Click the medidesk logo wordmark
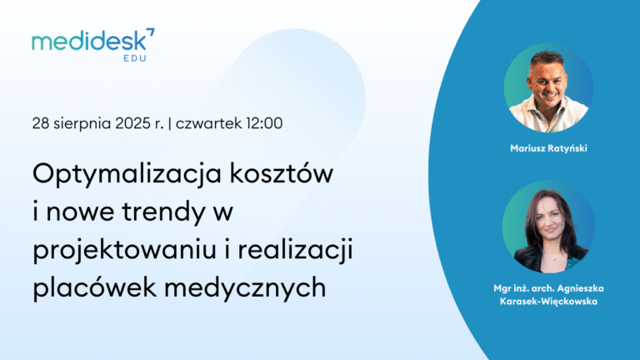coord(89,41)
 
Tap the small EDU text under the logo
coord(135,58)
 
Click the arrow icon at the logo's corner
coord(151,32)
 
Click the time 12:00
coord(263,123)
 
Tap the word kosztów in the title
coord(281,173)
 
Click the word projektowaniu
coord(124,251)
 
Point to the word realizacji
coord(296,251)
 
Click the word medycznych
coord(245,288)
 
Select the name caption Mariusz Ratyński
coord(548,148)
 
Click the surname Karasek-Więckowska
coord(548,302)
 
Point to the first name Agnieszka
coord(580,288)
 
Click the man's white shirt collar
coord(547,109)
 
